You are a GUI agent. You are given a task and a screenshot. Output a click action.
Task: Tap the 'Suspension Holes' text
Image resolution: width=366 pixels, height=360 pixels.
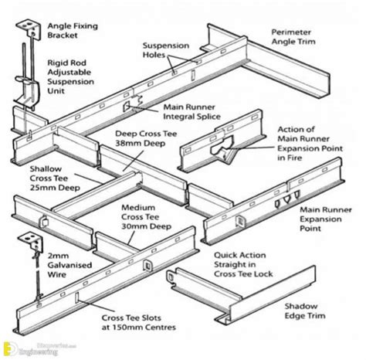point(165,51)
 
